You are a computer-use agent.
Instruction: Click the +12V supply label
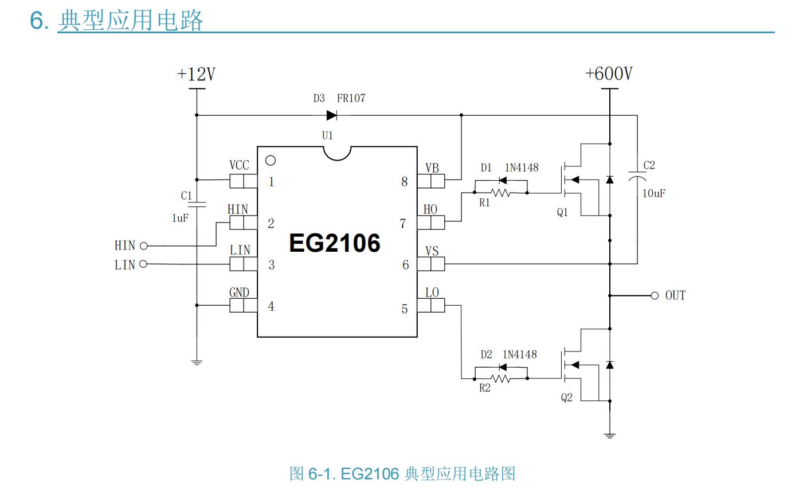coord(196,75)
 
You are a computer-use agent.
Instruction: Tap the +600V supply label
coord(609,74)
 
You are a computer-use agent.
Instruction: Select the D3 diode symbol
coord(331,115)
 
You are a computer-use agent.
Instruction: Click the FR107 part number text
coord(351,98)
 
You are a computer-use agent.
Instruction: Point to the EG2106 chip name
coord(335,243)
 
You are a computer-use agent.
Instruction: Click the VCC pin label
coord(239,165)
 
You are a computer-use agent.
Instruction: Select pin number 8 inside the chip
coord(404,182)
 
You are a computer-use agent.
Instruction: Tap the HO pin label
coord(430,209)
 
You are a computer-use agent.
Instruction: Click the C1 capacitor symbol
coord(197,204)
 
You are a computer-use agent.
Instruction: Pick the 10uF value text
coord(653,193)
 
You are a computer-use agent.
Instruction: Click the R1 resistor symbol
coord(501,193)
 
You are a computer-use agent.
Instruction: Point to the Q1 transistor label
coord(562,213)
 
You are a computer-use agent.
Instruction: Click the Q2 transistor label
coord(566,397)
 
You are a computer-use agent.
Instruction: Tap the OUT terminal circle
coord(655,295)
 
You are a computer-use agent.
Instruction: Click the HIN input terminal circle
coord(143,246)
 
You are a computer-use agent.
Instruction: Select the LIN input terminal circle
coord(143,264)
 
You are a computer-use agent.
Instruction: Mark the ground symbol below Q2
coord(610,436)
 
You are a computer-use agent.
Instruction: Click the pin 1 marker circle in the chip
coord(271,161)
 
